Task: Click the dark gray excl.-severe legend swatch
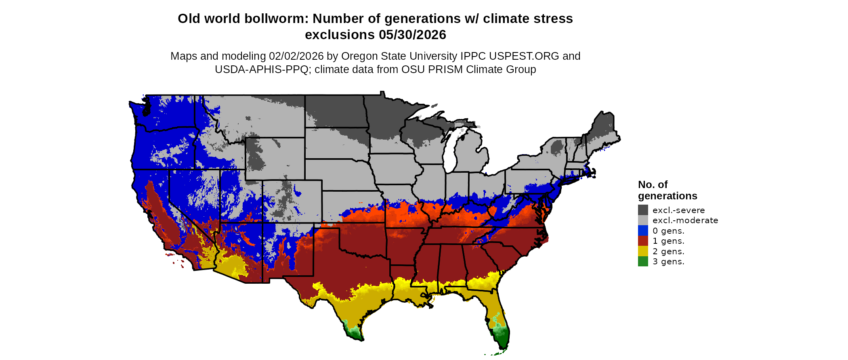point(643,210)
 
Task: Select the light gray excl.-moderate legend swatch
point(643,220)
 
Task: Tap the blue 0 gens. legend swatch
point(643,230)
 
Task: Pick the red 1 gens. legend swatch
point(643,241)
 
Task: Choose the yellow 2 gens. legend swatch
point(643,251)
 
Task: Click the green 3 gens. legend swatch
point(643,262)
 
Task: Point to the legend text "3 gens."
point(668,262)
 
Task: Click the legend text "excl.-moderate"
point(685,220)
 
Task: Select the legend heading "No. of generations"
point(667,190)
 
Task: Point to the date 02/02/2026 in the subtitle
point(296,56)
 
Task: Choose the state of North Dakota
point(335,111)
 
